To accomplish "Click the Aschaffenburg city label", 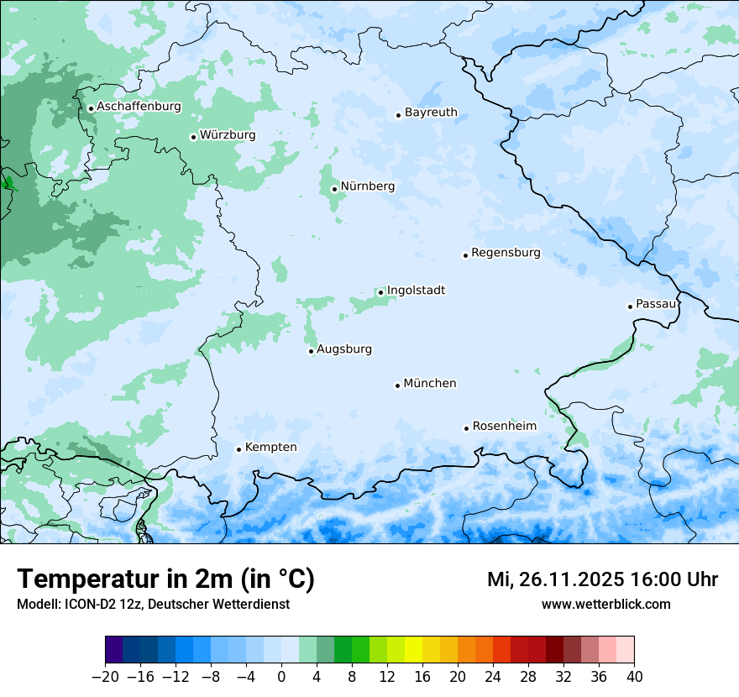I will [x=139, y=107].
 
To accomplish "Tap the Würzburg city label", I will [x=228, y=135].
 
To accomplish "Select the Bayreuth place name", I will [x=431, y=113].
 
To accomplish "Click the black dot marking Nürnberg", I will [x=334, y=189].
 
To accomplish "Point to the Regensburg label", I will [x=506, y=253].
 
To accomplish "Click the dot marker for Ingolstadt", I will [x=380, y=293].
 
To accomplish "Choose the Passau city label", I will [x=656, y=304].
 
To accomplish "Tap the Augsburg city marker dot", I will [x=311, y=351].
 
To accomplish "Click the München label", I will [x=430, y=384].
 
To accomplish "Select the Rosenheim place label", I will [x=504, y=427].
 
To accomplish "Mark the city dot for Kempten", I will [x=238, y=449].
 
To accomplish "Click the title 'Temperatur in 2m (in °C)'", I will [x=165, y=579].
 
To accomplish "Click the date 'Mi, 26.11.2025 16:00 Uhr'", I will [x=602, y=579].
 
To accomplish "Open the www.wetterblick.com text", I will [x=605, y=605].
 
